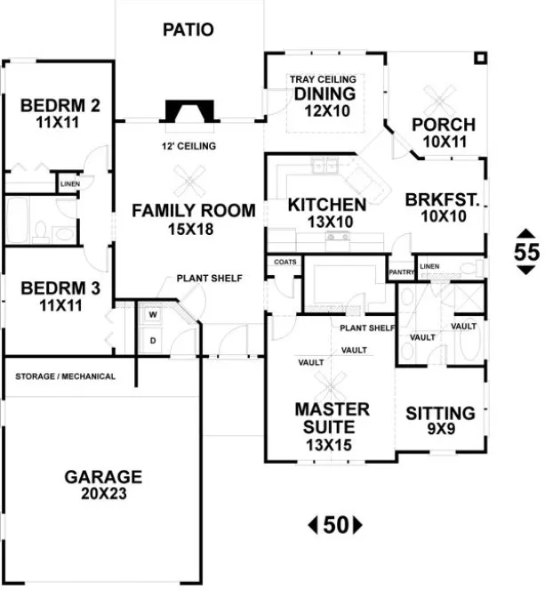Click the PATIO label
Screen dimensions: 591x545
[188, 29]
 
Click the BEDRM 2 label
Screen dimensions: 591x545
[60, 113]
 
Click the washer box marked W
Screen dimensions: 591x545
[152, 314]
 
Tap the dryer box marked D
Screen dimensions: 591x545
[152, 340]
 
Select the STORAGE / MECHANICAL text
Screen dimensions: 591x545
[65, 376]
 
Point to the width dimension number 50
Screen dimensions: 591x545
[334, 525]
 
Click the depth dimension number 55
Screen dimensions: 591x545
[526, 252]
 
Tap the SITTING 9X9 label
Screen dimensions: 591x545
[440, 420]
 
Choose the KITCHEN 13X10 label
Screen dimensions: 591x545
[326, 212]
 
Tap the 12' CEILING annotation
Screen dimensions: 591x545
[190, 146]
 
